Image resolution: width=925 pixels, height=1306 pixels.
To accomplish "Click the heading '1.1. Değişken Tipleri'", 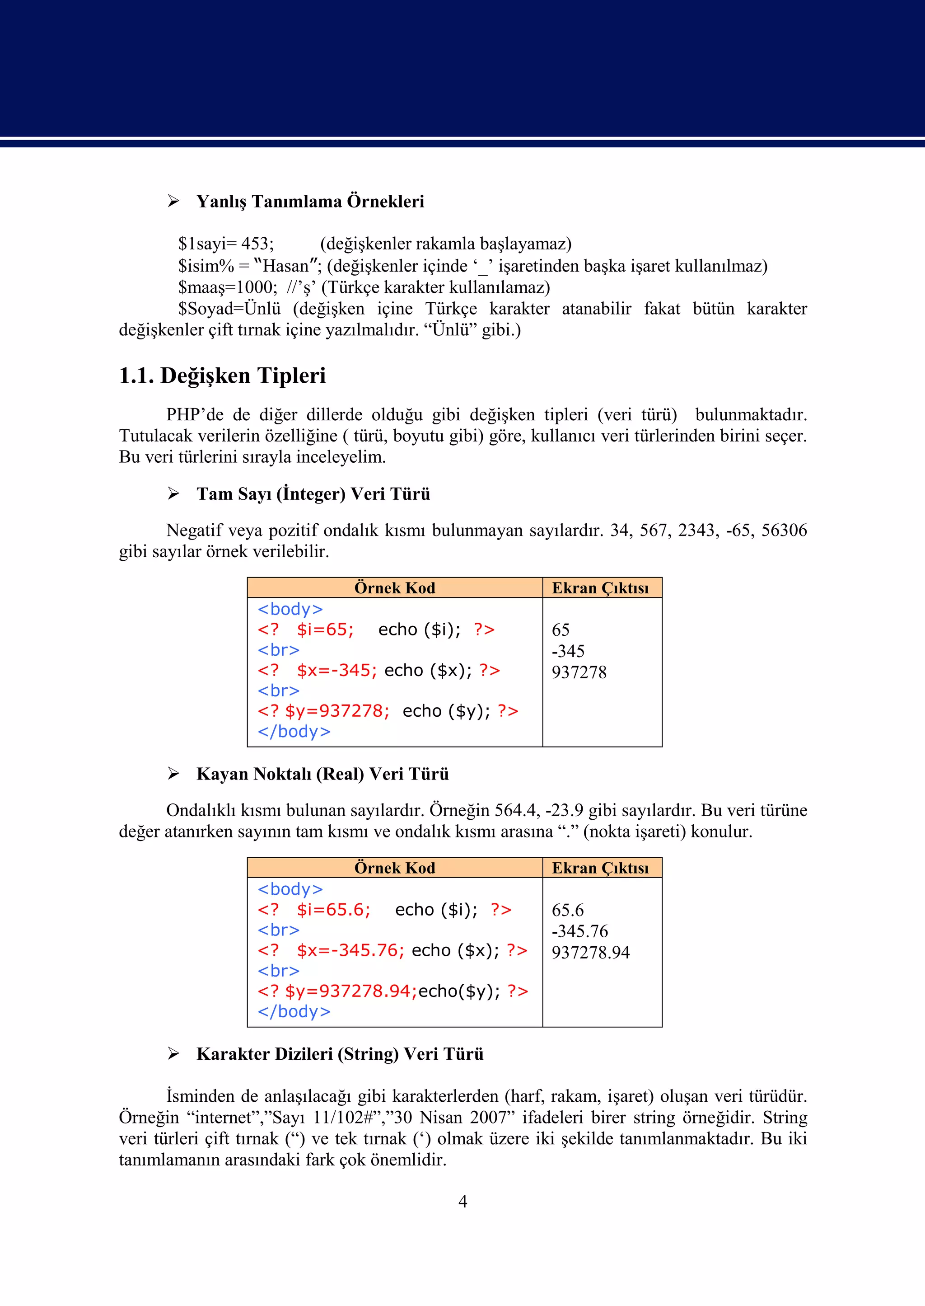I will click(x=222, y=376).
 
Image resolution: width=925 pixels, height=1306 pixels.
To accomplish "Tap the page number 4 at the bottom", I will click(x=462, y=1202).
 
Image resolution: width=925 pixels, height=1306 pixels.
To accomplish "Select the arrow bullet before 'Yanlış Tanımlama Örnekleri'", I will click(x=173, y=201).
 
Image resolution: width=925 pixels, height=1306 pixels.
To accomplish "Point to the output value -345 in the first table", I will click(x=568, y=651).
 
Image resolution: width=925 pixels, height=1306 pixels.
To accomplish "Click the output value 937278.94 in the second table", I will click(x=591, y=953).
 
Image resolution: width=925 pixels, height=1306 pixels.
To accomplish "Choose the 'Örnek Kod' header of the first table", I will click(x=394, y=588).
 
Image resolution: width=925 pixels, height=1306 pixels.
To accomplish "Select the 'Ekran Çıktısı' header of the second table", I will click(x=600, y=868).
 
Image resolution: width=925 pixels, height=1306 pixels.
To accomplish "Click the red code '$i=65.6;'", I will click(x=333, y=909).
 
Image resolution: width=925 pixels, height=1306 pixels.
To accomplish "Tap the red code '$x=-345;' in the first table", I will click(x=336, y=671).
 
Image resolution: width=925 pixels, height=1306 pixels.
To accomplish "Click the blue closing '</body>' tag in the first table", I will click(x=294, y=732).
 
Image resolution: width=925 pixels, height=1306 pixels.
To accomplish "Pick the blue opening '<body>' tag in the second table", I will click(x=290, y=889).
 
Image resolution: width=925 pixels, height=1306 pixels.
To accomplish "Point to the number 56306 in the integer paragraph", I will click(x=784, y=531).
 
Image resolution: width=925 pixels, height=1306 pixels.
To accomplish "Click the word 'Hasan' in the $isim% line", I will click(x=285, y=266).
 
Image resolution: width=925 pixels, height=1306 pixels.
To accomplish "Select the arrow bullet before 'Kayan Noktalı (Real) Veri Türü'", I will click(x=173, y=774).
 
